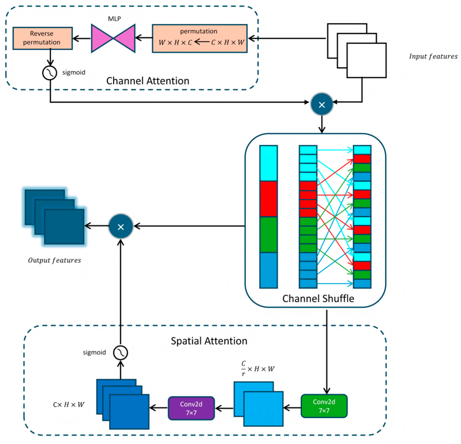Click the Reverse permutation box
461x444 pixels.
[42, 38]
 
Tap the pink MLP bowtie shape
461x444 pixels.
[113, 38]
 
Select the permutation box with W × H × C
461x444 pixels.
[199, 38]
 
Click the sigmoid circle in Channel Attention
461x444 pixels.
[50, 73]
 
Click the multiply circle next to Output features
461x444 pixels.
[121, 226]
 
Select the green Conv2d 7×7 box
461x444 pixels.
[324, 406]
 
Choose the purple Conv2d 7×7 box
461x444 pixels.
[191, 408]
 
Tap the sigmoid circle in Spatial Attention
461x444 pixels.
[120, 353]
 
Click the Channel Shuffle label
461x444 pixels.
[318, 298]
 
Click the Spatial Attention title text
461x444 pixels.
[209, 341]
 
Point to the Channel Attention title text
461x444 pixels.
[147, 81]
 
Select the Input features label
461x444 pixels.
[433, 56]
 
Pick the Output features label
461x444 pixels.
[54, 260]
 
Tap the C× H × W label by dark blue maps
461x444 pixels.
[69, 405]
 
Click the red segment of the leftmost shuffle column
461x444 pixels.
[268, 199]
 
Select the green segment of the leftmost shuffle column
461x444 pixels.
[268, 234]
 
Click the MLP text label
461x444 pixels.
[114, 19]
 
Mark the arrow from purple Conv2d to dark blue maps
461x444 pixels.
[159, 408]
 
